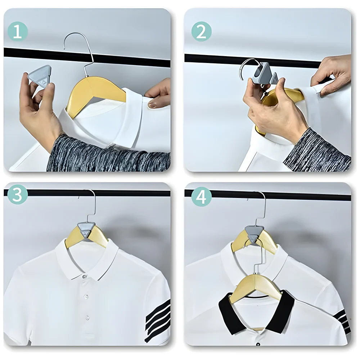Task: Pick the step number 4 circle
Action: pyautogui.click(x=201, y=197)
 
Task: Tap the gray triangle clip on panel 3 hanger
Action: pyautogui.click(x=87, y=229)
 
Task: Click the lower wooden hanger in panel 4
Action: pyautogui.click(x=256, y=284)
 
